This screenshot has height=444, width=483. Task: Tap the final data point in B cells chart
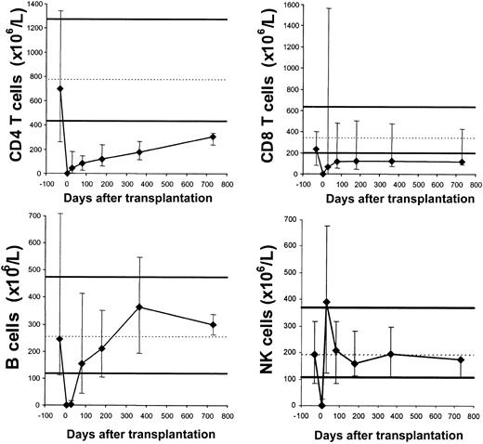click(x=213, y=325)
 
